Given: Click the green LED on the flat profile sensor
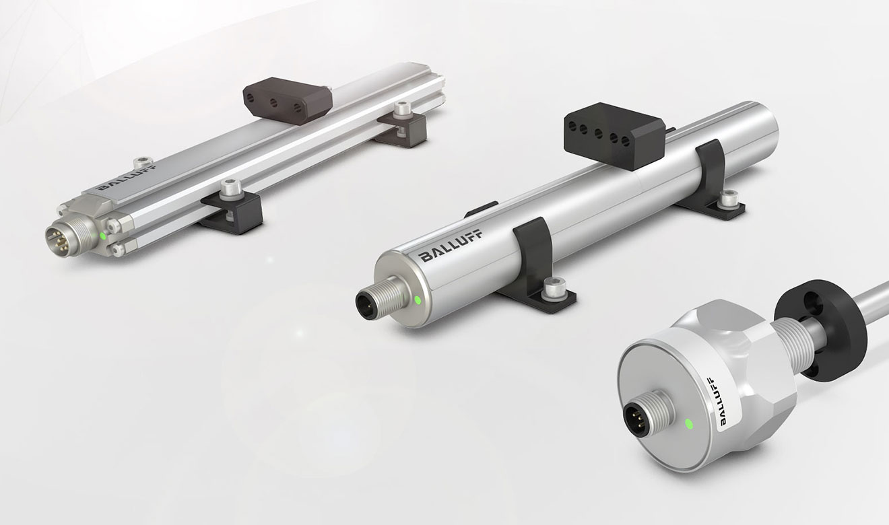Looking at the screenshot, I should (102, 236).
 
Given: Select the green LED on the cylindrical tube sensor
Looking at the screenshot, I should (418, 300).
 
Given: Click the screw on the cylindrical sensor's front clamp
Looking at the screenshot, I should (554, 288).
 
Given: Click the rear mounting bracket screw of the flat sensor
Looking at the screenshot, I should (404, 108).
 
